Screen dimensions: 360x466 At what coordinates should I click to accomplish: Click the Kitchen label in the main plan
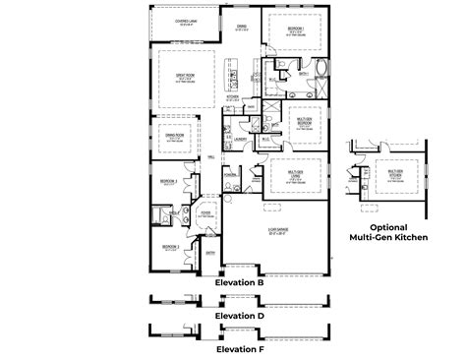[233, 98]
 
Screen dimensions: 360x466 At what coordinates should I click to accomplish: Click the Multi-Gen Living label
[296, 173]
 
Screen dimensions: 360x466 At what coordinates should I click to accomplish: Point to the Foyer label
[208, 211]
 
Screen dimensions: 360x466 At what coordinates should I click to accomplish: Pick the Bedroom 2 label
[170, 247]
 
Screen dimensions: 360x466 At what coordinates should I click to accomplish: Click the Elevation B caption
[239, 282]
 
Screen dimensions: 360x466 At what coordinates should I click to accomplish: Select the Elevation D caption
[239, 316]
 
